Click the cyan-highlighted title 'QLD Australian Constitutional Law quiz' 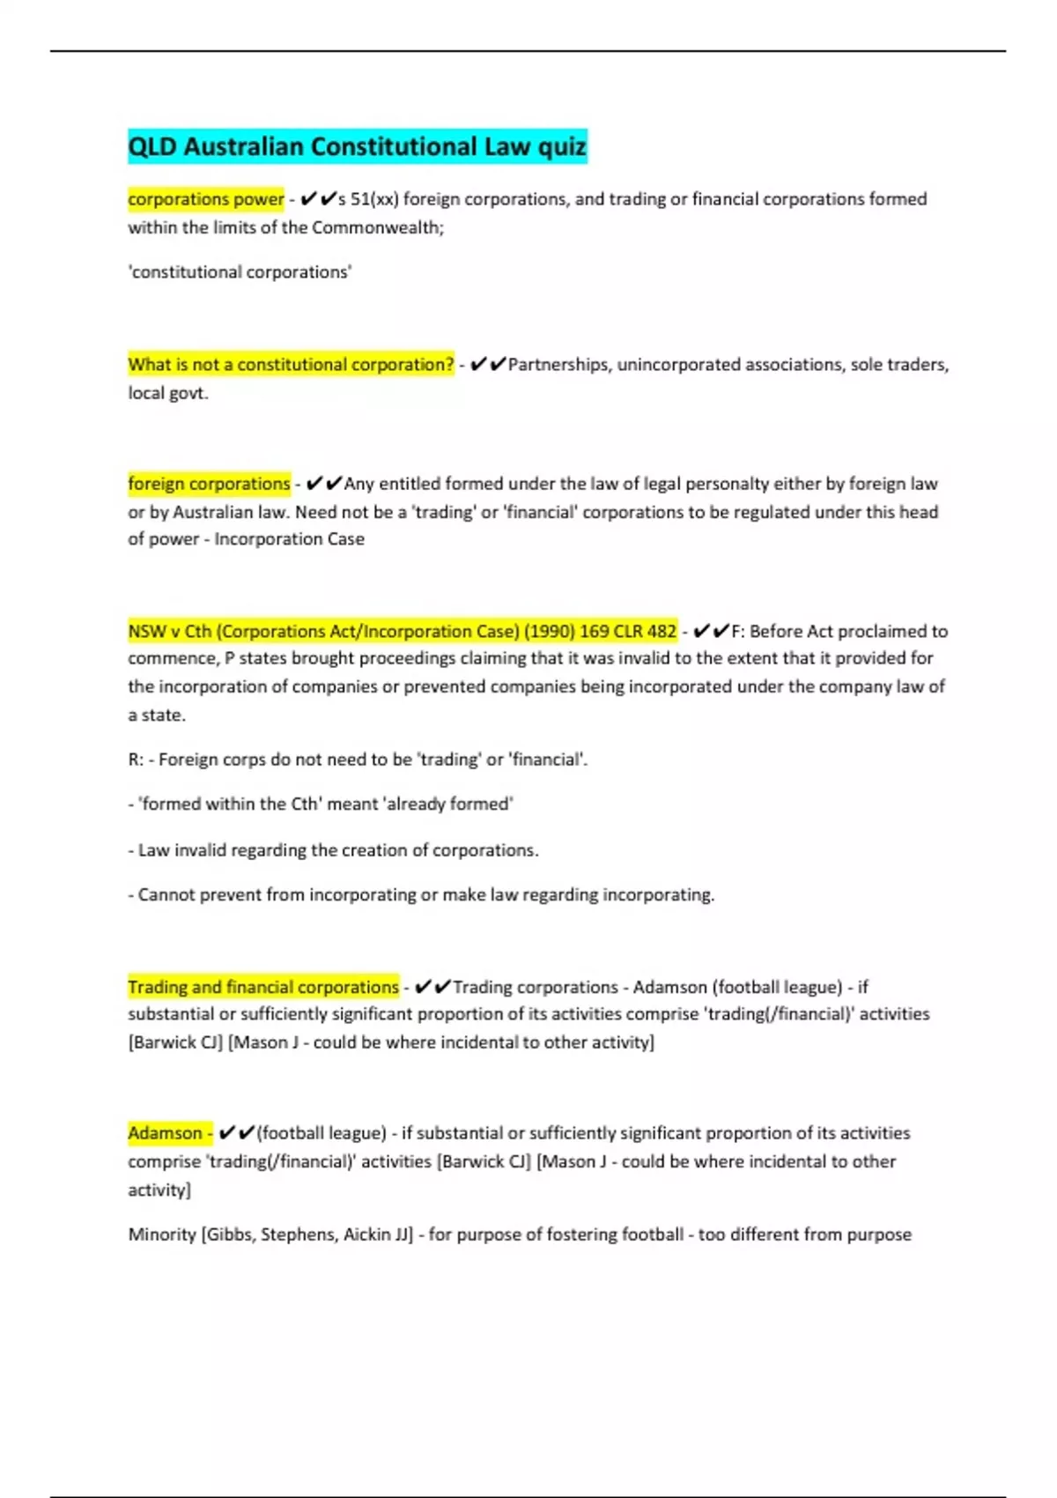[x=357, y=146]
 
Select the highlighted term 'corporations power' [x=206, y=199]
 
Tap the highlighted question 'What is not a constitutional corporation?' [x=291, y=365]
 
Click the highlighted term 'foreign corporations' [x=209, y=484]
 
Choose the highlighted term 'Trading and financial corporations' [x=263, y=988]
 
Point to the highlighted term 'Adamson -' [x=169, y=1133]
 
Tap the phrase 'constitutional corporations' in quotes [x=240, y=272]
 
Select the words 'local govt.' [x=168, y=393]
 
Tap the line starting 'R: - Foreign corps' [x=358, y=760]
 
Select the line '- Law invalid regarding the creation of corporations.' [x=333, y=850]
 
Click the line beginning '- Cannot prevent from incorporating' [x=421, y=895]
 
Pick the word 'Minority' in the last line [x=162, y=1235]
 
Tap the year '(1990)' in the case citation [x=546, y=632]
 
